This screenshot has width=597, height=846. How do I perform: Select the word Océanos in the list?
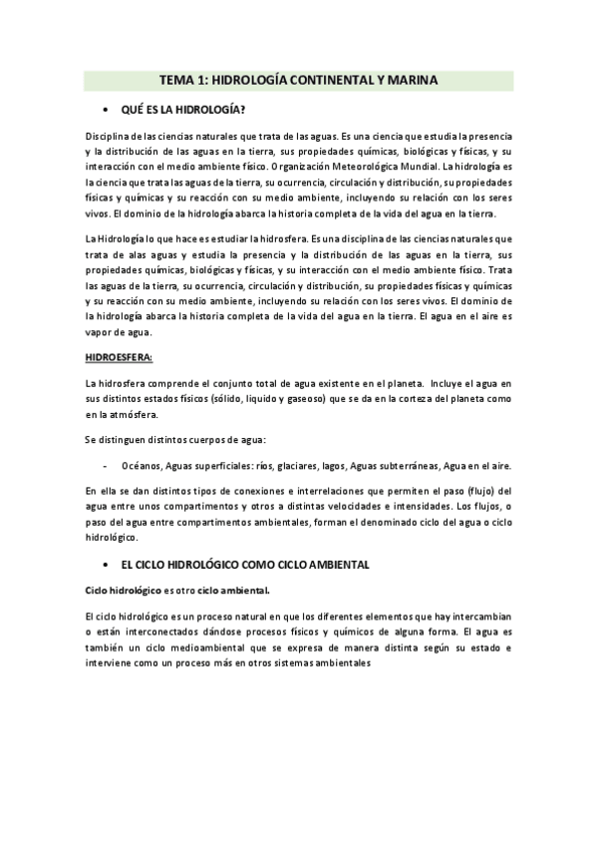141,465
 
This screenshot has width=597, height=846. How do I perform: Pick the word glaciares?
299,465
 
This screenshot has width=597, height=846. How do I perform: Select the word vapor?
104,330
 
